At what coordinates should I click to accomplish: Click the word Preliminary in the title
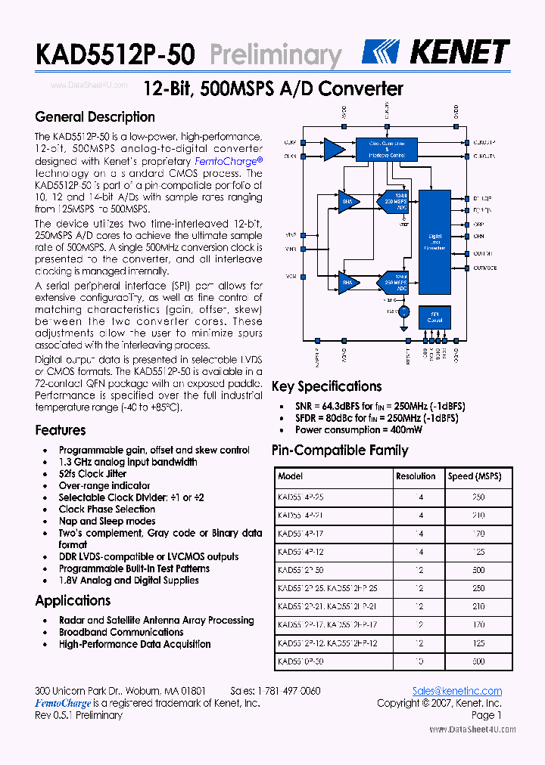[x=275, y=54]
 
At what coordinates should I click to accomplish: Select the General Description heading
[x=95, y=117]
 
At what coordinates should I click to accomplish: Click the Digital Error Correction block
[x=434, y=242]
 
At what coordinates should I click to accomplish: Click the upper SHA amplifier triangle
[x=348, y=201]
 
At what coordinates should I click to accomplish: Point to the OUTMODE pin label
[x=485, y=268]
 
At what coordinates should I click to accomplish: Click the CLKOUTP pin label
[x=484, y=142]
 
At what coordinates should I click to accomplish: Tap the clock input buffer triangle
[x=332, y=148]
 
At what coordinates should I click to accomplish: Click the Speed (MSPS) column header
[x=474, y=477]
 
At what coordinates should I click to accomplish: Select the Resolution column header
[x=416, y=477]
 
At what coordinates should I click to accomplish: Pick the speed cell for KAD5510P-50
[x=478, y=661]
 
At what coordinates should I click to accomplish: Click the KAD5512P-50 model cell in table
[x=301, y=570]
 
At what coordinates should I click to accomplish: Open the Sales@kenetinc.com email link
[x=457, y=691]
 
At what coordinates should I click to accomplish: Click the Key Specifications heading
[x=326, y=387]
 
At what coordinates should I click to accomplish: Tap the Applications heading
[x=73, y=601]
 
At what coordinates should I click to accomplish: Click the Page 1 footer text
[x=486, y=715]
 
